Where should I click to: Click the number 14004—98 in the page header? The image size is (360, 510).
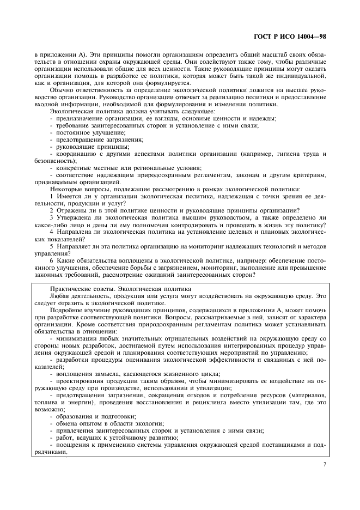(x=309, y=37)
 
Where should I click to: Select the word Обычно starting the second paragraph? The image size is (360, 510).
(x=62, y=90)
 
